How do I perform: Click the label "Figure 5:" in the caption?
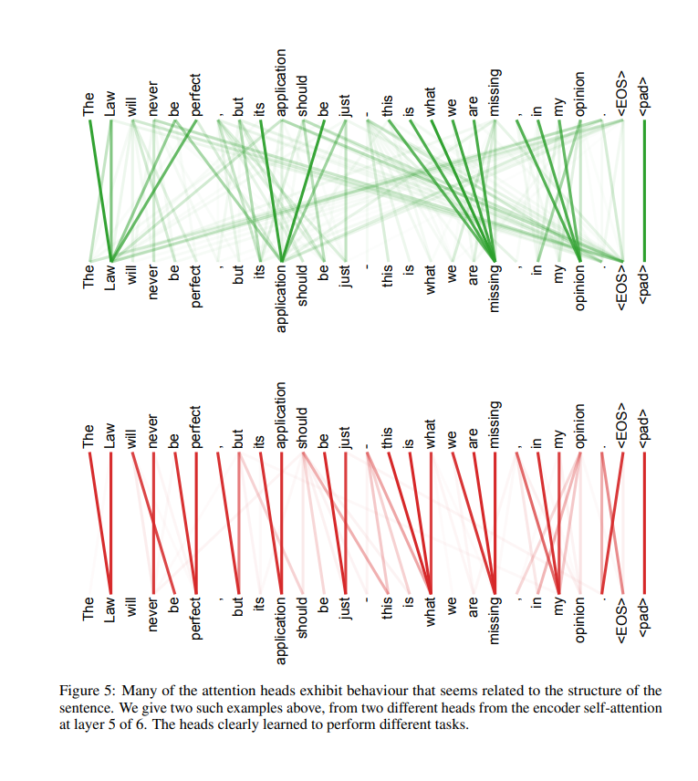pyautogui.click(x=87, y=691)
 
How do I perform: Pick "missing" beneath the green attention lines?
pyautogui.click(x=495, y=288)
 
